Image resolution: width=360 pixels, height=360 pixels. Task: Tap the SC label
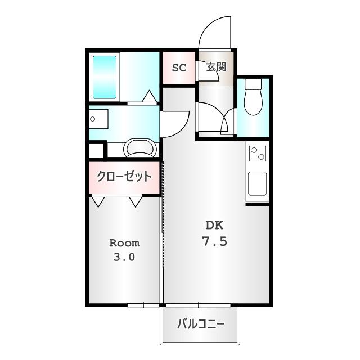click(x=179, y=67)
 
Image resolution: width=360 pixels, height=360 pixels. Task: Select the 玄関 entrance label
click(x=216, y=67)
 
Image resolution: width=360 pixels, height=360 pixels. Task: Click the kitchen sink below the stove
click(x=258, y=183)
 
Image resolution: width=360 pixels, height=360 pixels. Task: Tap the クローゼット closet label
click(x=124, y=177)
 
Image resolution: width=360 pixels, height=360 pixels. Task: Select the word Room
click(x=124, y=243)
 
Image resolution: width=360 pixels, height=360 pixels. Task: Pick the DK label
click(x=214, y=226)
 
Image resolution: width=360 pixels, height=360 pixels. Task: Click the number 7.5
click(x=214, y=242)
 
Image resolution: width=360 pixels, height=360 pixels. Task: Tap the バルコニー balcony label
click(x=201, y=325)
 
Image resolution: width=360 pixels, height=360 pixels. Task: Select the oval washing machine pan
click(x=139, y=148)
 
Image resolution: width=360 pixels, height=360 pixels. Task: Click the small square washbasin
click(x=98, y=119)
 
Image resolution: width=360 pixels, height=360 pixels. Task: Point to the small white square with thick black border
click(x=96, y=151)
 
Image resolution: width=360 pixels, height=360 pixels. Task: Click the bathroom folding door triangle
click(x=149, y=97)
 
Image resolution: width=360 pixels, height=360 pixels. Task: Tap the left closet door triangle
click(x=98, y=201)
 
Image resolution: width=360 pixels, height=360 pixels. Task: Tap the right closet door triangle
click(x=136, y=201)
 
